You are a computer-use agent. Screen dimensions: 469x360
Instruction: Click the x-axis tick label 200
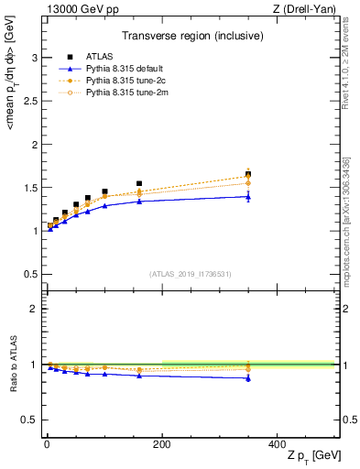(x=161, y=444)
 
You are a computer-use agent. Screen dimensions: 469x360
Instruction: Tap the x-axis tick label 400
(x=277, y=444)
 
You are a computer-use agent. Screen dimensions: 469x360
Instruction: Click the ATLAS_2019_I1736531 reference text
(x=189, y=274)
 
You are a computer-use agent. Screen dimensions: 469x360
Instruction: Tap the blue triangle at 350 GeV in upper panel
(x=248, y=196)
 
